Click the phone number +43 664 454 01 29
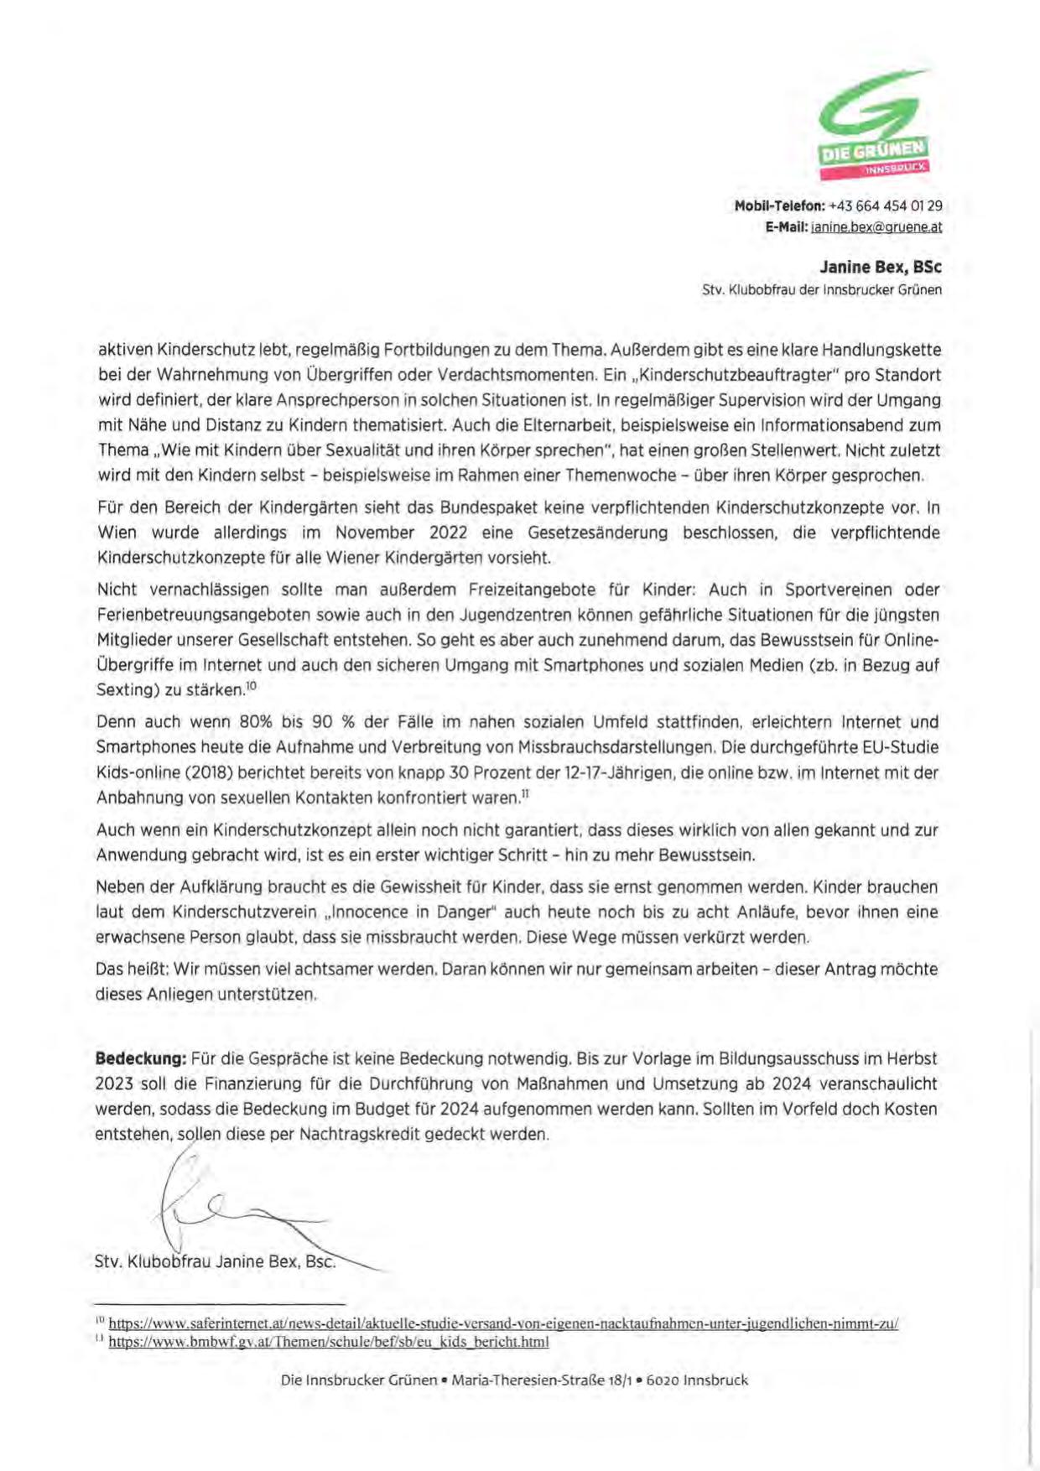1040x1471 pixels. tap(885, 205)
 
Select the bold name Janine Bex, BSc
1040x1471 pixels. tap(881, 267)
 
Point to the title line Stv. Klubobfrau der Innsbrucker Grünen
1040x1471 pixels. tap(822, 290)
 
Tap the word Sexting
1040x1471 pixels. tap(123, 690)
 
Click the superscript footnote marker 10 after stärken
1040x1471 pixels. tap(251, 686)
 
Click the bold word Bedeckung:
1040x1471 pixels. tap(141, 1058)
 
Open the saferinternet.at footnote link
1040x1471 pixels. tap(503, 1324)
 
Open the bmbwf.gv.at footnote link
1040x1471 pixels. tap(329, 1342)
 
